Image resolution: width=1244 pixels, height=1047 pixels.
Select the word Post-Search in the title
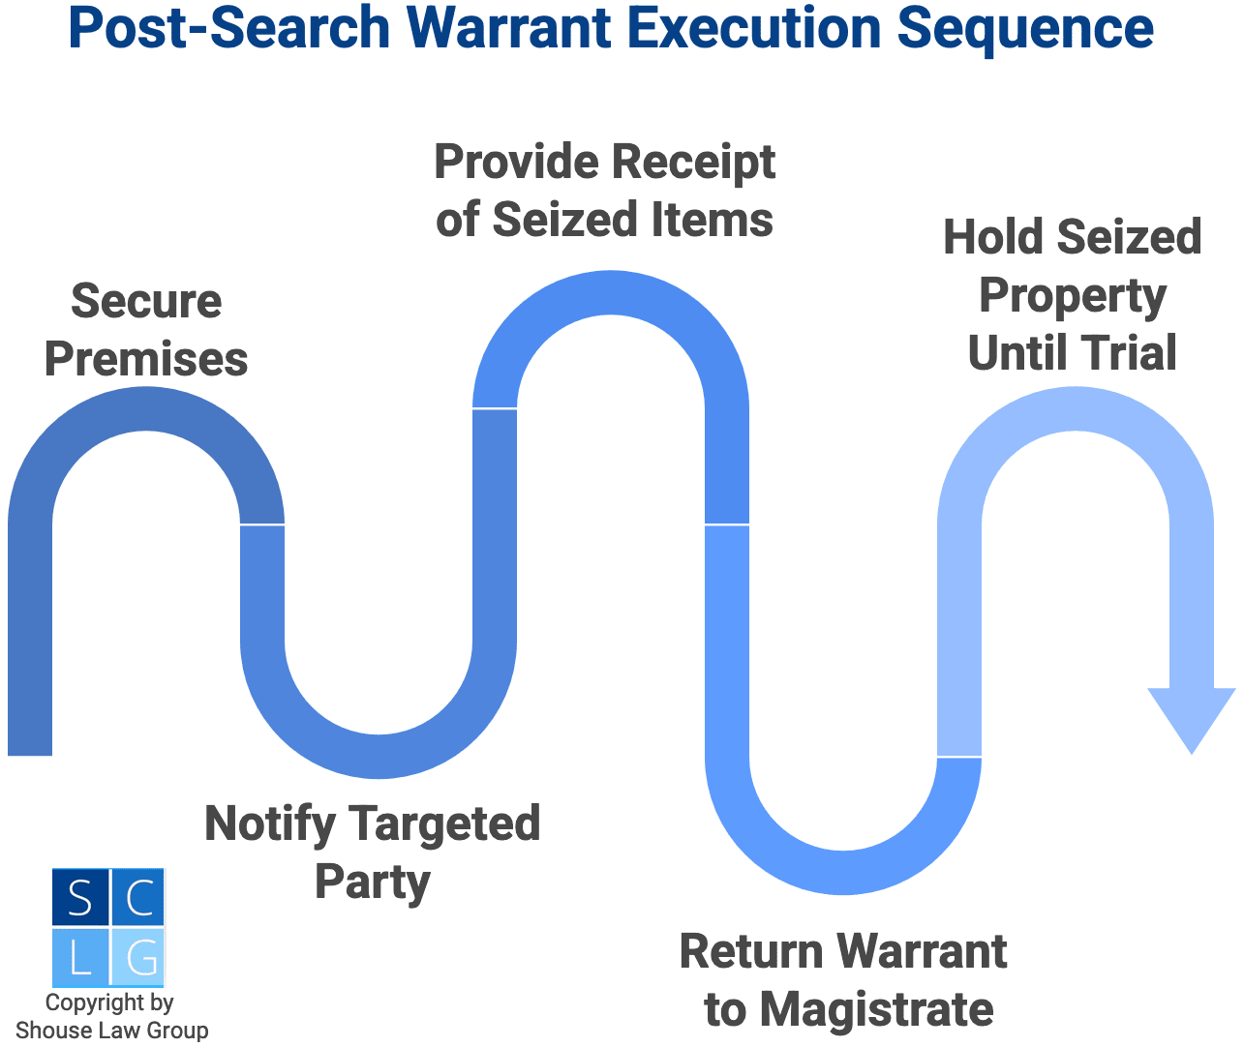pos(229,28)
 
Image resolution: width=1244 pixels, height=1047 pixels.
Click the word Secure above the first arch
pos(146,301)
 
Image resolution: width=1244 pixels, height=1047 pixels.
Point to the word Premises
pos(146,359)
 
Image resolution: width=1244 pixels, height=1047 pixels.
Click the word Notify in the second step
pos(270,824)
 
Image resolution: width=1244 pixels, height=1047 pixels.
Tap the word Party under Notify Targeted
pos(373,882)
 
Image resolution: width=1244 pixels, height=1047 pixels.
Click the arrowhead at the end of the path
pos(1191,717)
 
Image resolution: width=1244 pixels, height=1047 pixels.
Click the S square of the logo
pos(80,897)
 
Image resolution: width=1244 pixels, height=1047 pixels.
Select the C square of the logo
pos(138,897)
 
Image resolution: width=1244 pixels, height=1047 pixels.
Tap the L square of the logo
pos(80,957)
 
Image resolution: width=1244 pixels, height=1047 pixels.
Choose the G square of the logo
pos(138,957)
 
